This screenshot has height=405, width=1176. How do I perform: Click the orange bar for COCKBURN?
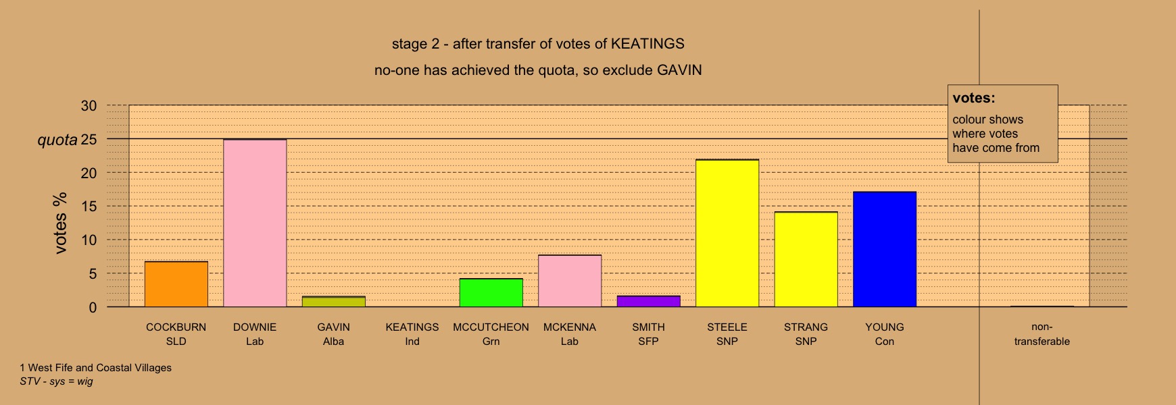pos(176,284)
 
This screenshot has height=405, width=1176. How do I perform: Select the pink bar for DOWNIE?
pos(255,223)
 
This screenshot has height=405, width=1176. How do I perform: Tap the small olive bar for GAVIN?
pos(334,302)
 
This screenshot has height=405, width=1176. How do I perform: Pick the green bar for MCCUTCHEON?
pos(491,293)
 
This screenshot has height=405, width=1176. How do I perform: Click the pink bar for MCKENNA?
pos(570,281)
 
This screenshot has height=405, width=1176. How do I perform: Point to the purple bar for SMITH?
pos(649,301)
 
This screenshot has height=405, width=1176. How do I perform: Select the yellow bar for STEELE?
pos(727,234)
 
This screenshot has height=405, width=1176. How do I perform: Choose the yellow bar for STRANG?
pos(806,259)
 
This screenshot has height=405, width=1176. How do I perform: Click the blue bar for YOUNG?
pos(885,250)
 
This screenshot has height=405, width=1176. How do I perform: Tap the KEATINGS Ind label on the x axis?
pos(412,334)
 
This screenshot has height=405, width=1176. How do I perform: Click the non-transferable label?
pos(1042,334)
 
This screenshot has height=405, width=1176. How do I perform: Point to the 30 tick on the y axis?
pos(89,106)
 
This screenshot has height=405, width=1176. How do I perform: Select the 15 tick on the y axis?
pos(89,207)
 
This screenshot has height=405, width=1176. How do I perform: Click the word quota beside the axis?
pos(57,140)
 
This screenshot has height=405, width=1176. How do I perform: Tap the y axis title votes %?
pos(61,223)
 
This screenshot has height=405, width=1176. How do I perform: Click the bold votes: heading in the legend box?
pos(974,98)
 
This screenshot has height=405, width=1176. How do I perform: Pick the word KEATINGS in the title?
pos(647,44)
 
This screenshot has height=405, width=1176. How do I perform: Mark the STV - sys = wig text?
pos(57,381)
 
